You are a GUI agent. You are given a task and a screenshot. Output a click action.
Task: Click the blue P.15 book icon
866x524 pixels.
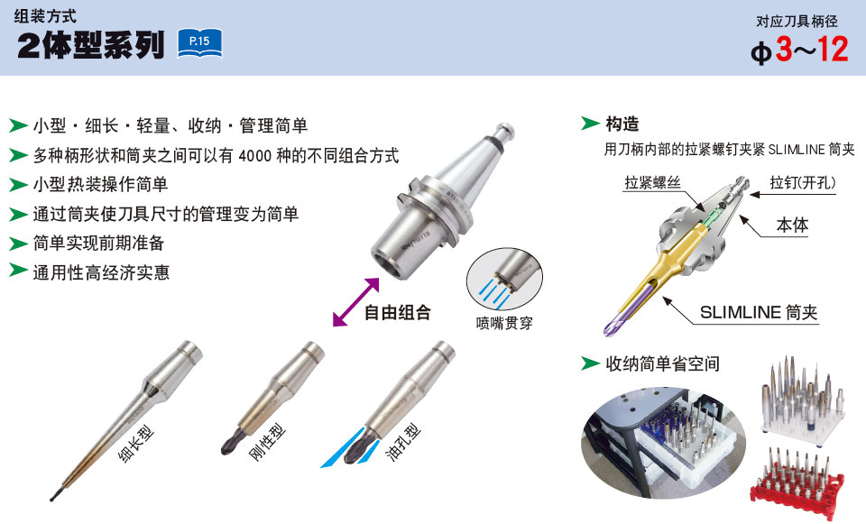[x=200, y=43]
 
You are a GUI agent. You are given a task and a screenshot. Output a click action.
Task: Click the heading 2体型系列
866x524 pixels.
[x=91, y=45]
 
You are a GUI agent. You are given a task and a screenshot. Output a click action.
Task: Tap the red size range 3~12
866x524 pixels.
[x=812, y=49]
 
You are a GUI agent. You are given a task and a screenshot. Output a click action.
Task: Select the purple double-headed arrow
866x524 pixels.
[x=356, y=302]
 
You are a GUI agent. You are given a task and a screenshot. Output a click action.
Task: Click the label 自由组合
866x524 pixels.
[x=398, y=313]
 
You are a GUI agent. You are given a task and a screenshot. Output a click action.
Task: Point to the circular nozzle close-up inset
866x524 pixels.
[x=504, y=279]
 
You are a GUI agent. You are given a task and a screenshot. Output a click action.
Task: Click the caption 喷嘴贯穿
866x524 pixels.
[x=504, y=323]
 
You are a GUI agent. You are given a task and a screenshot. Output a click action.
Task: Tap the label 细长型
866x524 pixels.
[x=136, y=443]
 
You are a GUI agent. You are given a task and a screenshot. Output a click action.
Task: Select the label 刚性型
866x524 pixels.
[x=267, y=442]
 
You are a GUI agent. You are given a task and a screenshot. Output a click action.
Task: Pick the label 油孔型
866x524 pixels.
[x=402, y=442]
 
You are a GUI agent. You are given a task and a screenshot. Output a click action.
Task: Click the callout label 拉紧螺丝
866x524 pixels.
[x=653, y=183]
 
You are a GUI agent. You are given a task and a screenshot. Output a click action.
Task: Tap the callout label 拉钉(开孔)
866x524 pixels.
[x=803, y=183]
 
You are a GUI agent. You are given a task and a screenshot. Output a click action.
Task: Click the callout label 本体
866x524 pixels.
[x=792, y=225]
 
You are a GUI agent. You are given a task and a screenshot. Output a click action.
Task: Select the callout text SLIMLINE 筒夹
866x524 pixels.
[x=759, y=313]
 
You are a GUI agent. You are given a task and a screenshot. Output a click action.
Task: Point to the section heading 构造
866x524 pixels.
[x=622, y=124]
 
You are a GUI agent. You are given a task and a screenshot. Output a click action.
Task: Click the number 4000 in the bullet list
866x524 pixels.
[x=255, y=156]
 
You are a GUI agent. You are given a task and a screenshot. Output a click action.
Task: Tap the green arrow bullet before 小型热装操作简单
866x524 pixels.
[x=18, y=184]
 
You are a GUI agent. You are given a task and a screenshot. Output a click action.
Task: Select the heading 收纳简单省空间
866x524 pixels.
[x=663, y=363]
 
